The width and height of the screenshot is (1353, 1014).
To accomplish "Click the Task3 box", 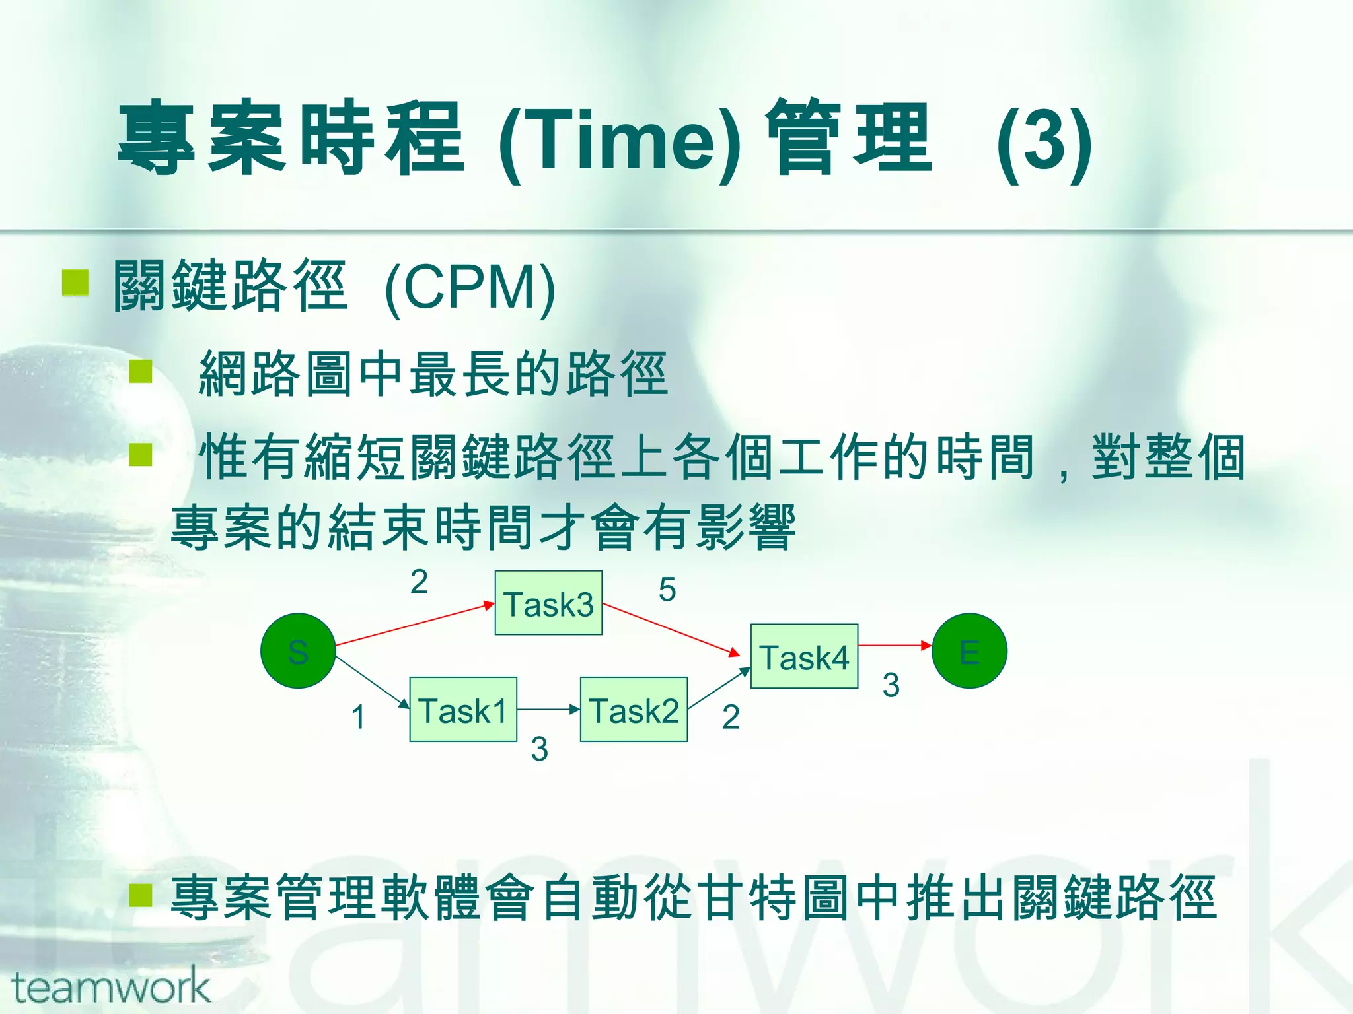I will (548, 603).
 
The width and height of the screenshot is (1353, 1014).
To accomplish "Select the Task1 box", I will (463, 710).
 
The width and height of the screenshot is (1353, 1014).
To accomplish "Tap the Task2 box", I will (634, 710).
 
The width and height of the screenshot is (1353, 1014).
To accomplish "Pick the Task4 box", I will (804, 656).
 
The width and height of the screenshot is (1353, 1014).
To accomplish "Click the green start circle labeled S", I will (298, 651).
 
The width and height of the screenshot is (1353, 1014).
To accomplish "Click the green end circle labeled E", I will (969, 651).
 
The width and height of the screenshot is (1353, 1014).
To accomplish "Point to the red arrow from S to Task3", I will (415, 623).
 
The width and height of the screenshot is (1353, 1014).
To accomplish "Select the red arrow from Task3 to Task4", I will (671, 630).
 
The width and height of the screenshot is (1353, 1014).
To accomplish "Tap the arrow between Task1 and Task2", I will (548, 710).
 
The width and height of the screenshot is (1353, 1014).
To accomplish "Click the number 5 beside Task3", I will (667, 590).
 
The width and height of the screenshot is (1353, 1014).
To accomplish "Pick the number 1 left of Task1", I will (359, 717).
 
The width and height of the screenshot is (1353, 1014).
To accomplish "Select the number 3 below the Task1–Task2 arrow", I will (540, 749).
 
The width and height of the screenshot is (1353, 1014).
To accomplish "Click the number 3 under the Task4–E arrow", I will (891, 685).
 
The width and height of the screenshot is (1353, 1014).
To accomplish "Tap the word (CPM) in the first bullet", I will (470, 288).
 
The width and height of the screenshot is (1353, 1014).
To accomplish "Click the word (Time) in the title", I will (620, 140).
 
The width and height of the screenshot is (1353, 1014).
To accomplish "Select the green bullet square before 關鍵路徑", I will (75, 283).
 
